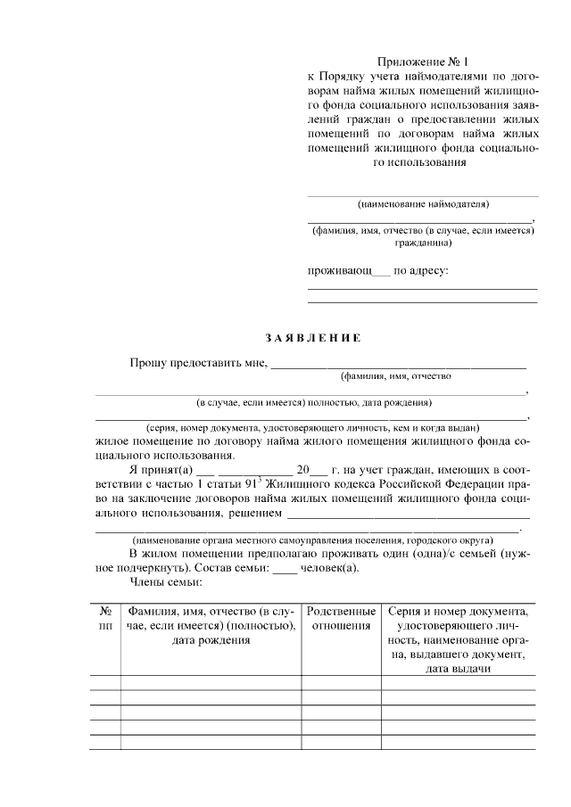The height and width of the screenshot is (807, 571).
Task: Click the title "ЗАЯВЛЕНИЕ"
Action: pyautogui.click(x=312, y=338)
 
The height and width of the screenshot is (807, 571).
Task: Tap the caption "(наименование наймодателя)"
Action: pyautogui.click(x=423, y=204)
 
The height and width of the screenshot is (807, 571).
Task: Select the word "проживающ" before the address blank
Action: pyautogui.click(x=340, y=269)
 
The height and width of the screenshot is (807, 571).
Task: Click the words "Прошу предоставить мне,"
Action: pyautogui.click(x=197, y=363)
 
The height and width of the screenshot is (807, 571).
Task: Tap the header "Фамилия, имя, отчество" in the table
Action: pyautogui.click(x=211, y=612)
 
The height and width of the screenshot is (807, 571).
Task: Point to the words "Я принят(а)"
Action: pyautogui.click(x=161, y=469)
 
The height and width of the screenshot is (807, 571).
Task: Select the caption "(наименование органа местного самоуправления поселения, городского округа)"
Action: pyautogui.click(x=311, y=540)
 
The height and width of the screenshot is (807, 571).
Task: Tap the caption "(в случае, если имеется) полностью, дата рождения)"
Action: pyautogui.click(x=314, y=401)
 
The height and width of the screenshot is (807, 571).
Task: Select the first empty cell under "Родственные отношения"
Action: pyautogui.click(x=341, y=683)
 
